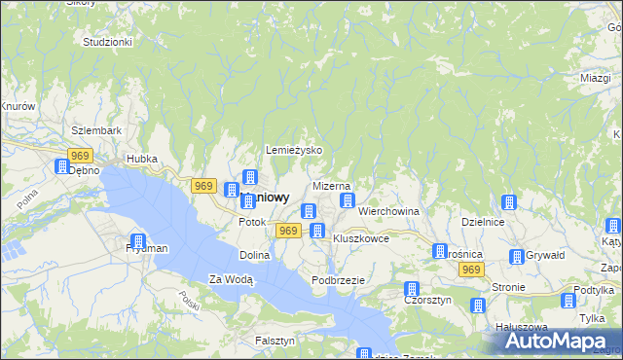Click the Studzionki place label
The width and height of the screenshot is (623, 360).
click(107, 43)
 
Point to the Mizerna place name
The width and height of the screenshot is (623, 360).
click(331, 185)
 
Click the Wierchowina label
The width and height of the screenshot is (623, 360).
click(388, 210)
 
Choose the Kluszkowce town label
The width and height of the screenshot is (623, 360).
click(361, 238)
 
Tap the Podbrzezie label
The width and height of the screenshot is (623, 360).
click(338, 280)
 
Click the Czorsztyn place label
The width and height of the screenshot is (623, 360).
click(425, 301)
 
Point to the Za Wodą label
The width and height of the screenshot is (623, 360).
click(232, 279)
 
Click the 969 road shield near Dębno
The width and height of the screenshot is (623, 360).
click(81, 156)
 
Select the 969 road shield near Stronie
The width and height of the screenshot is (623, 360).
click(471, 270)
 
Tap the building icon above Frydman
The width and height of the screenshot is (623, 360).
click(138, 240)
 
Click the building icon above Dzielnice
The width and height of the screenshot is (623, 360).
click(508, 202)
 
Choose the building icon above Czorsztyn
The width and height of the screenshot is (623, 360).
click(412, 289)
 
